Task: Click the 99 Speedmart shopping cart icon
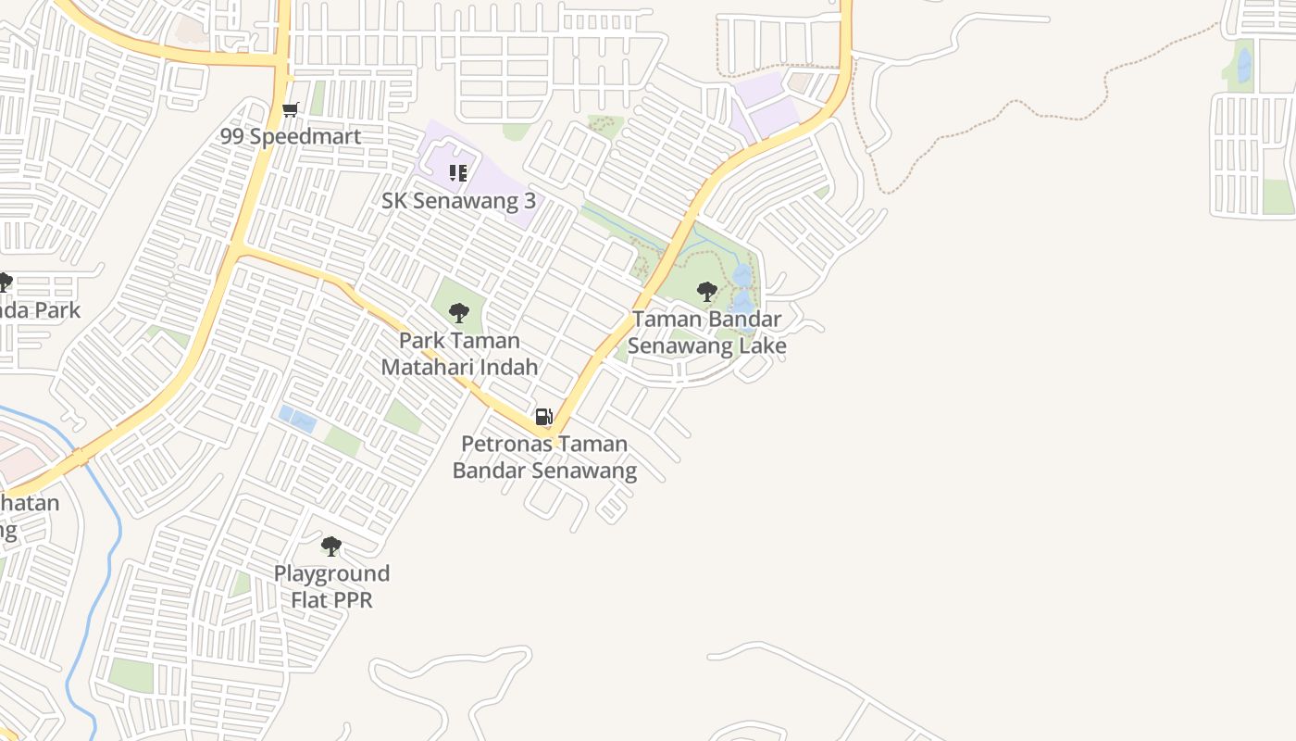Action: pos(291,110)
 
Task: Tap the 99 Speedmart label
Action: pos(290,136)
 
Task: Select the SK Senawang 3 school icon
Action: pos(458,173)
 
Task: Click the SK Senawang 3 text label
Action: pos(458,200)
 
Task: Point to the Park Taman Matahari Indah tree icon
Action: pos(458,312)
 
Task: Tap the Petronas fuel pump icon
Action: pos(544,417)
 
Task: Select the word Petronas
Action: pos(503,444)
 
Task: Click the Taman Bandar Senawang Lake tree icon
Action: pos(707,292)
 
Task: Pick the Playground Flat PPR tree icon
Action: pos(331,546)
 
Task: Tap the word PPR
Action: pos(354,600)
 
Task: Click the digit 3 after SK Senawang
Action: pos(530,200)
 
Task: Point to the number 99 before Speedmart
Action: pos(232,136)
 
